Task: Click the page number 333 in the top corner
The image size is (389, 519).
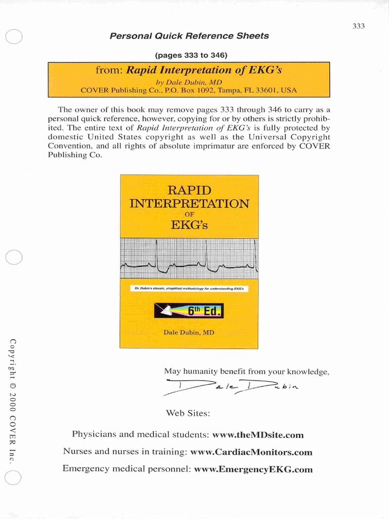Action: pos(359,26)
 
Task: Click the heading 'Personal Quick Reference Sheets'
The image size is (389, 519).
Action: pos(189,36)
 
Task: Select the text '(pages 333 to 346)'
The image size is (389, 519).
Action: pos(189,55)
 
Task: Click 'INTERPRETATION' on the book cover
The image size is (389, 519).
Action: pos(189,204)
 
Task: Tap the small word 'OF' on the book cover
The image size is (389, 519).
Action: pos(189,214)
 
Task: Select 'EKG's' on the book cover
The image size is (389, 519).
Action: pos(189,224)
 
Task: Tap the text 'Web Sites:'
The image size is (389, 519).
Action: pos(188,413)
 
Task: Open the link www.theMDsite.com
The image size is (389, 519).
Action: pos(258,435)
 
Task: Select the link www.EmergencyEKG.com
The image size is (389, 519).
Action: pos(253,469)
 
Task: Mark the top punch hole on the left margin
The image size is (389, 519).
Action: pos(14,36)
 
